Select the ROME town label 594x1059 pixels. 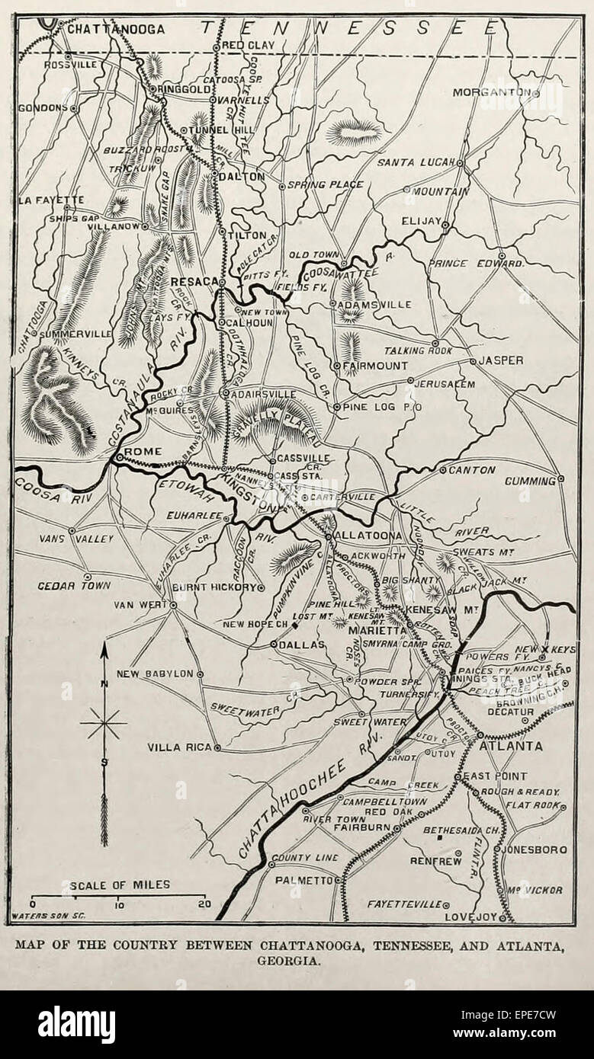pos(143,452)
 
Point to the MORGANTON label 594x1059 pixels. pos(491,92)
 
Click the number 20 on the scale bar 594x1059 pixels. pos(203,905)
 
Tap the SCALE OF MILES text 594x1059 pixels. pos(120,885)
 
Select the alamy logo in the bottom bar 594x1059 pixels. pos(76,1025)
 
